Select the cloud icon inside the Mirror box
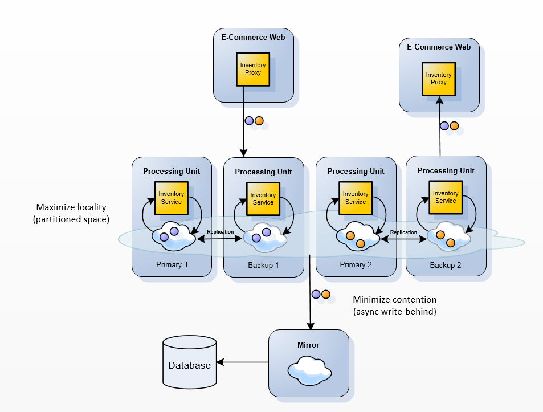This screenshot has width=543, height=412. tap(308, 370)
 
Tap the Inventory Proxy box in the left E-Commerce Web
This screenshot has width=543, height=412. tap(253, 70)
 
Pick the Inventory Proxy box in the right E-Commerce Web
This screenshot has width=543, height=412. tap(439, 79)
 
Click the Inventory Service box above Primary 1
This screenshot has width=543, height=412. tap(171, 198)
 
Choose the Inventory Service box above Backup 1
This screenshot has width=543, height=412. tap(263, 198)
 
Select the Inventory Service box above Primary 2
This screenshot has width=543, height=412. tap(356, 198)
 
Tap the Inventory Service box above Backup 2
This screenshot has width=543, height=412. tap(446, 197)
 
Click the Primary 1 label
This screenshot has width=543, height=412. tap(172, 264)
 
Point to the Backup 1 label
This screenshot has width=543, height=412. tap(263, 266)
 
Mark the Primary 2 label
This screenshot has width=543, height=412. tap(356, 264)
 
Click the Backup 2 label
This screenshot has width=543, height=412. tap(446, 266)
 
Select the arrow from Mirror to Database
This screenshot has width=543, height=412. tap(243, 362)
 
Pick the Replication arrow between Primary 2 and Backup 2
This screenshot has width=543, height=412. tap(404, 238)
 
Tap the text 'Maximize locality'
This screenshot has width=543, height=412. tap(71, 207)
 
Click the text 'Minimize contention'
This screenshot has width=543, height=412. tap(394, 299)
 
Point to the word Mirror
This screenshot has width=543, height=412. tap(308, 345)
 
